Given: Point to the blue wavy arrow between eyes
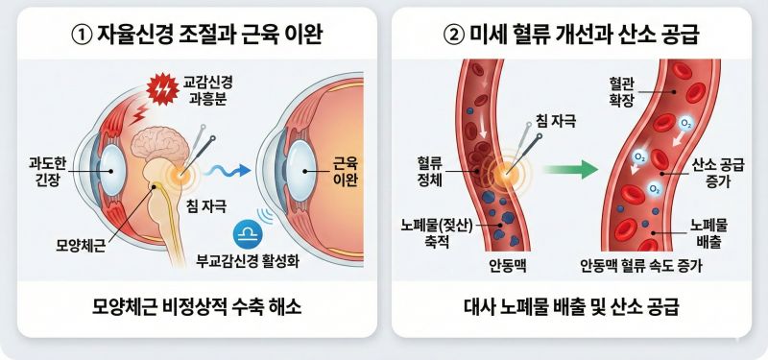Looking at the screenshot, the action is pos(227,170).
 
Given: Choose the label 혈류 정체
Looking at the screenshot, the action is pos(429,172).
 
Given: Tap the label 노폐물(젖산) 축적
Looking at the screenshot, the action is pos(436,233).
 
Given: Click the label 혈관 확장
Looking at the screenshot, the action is pos(622,91).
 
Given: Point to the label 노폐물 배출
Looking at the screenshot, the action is pos(708,233).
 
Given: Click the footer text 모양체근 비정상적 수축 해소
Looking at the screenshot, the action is pos(197,307).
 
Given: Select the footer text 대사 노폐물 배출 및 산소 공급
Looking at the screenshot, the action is pos(571,307).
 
